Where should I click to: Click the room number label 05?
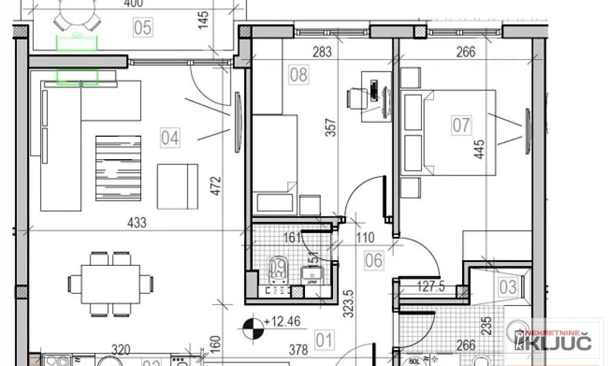[143, 27]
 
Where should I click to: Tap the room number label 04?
[170, 138]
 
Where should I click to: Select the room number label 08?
[298, 75]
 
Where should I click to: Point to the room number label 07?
[462, 125]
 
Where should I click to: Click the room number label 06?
[374, 261]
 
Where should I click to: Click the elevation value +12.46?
[282, 321]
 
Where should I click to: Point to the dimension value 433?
[137, 223]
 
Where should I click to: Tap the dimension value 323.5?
[349, 304]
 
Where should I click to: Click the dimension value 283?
[322, 52]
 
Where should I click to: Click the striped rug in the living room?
[118, 168]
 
